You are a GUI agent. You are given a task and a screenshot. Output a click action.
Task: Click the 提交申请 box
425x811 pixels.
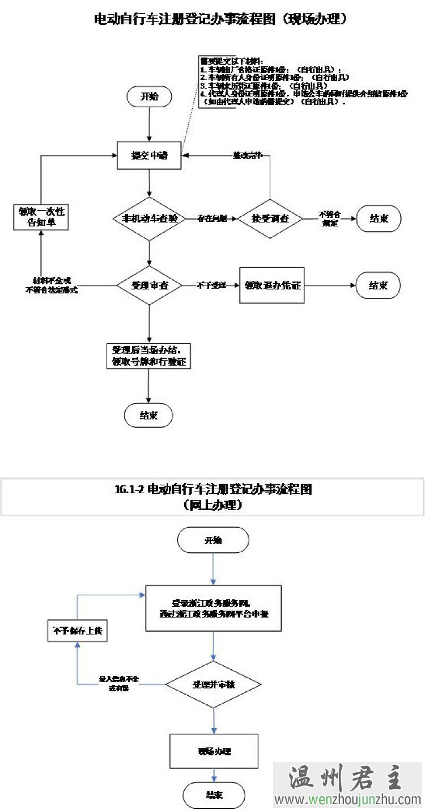(149, 155)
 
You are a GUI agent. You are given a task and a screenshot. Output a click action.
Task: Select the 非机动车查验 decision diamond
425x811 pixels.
(149, 218)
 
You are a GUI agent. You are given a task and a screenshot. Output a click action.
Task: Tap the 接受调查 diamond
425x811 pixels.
(270, 218)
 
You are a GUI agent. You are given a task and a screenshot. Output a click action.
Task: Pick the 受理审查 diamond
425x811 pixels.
(149, 285)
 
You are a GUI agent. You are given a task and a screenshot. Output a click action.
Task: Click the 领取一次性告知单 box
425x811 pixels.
(41, 217)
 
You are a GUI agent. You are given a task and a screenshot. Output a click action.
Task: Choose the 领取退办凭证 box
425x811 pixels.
(272, 285)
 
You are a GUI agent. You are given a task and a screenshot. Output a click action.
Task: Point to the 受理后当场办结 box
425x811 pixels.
(148, 356)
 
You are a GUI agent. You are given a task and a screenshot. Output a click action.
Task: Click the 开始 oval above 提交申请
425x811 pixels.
(149, 96)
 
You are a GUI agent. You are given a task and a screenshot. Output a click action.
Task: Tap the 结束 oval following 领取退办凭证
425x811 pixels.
(378, 285)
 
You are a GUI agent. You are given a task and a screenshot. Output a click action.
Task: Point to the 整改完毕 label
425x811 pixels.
(248, 155)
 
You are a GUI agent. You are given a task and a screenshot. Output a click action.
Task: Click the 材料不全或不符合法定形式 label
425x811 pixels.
(52, 285)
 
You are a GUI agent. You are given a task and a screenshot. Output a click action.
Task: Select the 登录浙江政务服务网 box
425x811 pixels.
(213, 608)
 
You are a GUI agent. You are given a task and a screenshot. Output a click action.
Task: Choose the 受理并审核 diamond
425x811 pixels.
(213, 684)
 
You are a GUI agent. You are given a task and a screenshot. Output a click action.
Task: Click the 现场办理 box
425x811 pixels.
(214, 751)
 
